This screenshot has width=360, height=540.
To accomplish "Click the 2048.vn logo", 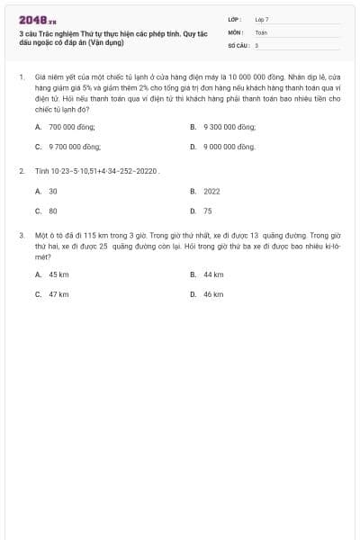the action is tap(37, 19).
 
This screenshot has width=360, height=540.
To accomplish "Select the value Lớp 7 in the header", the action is tap(261, 19).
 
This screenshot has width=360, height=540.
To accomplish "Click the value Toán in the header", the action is tap(261, 31).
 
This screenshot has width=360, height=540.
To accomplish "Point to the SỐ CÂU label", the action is tap(237, 44).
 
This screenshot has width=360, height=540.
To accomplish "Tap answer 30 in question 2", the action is tap(53, 191).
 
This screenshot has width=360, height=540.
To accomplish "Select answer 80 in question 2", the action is tap(53, 210).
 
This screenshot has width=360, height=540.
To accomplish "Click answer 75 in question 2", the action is tap(208, 210).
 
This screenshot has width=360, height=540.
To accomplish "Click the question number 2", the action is tap(21, 169).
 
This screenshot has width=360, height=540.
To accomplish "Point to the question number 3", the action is tap(21, 234).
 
